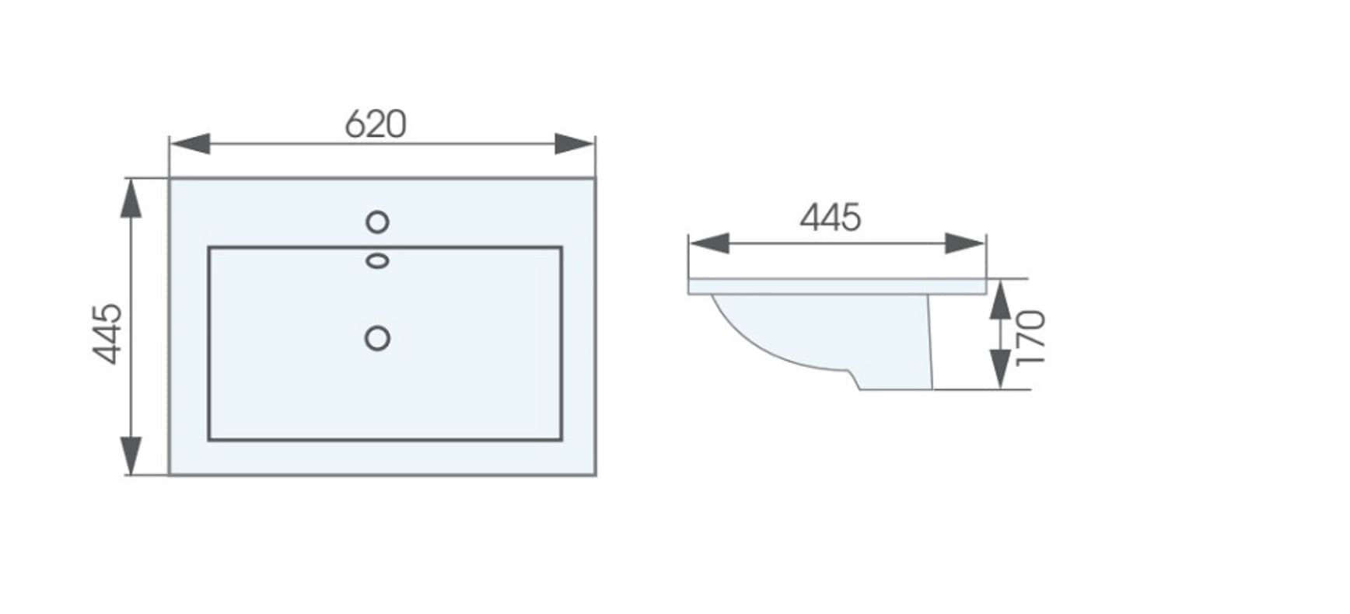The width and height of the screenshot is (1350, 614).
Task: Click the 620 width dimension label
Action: click(376, 124)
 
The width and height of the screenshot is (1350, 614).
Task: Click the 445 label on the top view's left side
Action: click(108, 333)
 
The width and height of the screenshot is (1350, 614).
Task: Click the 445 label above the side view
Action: click(831, 218)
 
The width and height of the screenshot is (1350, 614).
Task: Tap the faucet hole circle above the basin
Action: click(377, 222)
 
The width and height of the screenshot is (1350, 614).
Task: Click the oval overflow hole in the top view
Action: click(377, 261)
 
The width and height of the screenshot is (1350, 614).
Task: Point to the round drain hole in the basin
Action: click(377, 338)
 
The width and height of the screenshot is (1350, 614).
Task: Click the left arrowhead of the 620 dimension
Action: click(189, 144)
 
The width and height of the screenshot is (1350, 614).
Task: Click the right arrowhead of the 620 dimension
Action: click(575, 144)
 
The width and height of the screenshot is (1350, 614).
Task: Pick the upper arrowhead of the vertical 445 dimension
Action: click(131, 199)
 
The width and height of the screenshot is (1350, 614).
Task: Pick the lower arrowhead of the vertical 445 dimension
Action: click(131, 455)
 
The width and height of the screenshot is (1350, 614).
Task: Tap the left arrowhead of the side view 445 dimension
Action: click(708, 243)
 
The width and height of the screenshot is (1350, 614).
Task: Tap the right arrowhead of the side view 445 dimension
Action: click(965, 243)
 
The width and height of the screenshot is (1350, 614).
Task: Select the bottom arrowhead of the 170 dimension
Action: click(1000, 370)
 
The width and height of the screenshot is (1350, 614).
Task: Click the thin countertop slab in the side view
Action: click(836, 286)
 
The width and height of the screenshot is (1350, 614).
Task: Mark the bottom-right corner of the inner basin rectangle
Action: click(561, 439)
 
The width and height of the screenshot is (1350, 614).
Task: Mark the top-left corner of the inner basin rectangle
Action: click(209, 248)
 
